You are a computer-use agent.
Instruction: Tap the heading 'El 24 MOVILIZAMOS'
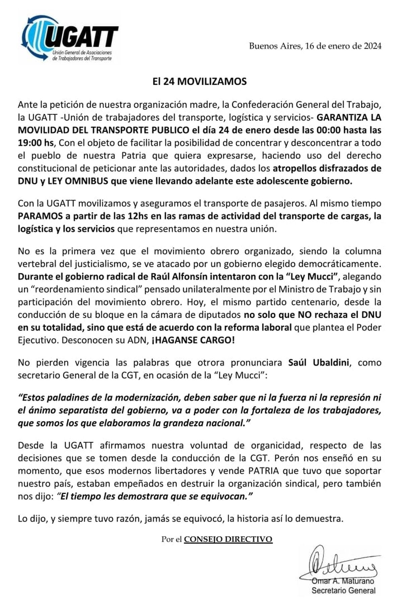coord(200,81)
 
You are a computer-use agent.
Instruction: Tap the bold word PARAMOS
coord(40,216)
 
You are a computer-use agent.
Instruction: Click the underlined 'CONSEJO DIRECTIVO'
coord(228,539)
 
